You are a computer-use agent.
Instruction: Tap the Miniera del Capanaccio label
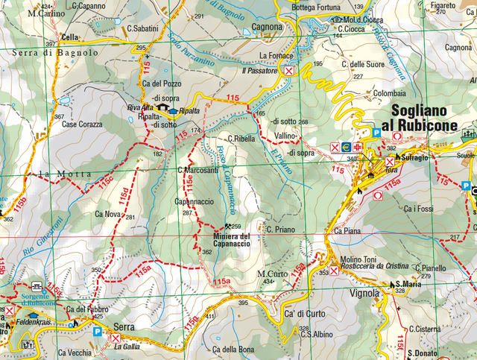click(x=228, y=241)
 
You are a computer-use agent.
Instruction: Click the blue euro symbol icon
click(x=346, y=147)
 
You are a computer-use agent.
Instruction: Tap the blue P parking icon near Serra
click(x=99, y=333)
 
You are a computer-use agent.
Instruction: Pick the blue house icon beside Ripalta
click(x=173, y=111)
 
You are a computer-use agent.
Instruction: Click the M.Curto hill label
click(x=271, y=274)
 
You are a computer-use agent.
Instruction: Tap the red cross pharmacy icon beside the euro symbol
click(x=358, y=147)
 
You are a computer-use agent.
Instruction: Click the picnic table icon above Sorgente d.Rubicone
click(x=37, y=285)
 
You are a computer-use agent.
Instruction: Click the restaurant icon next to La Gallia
click(x=115, y=338)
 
